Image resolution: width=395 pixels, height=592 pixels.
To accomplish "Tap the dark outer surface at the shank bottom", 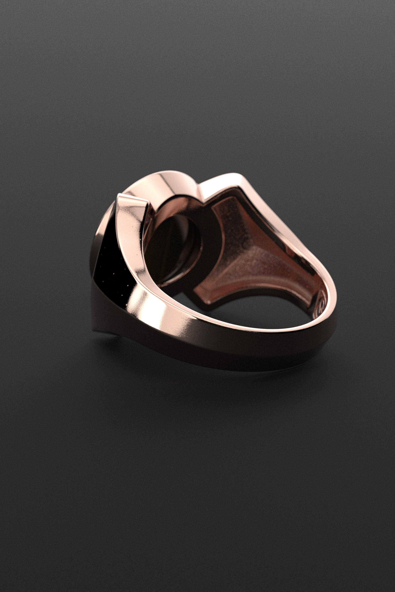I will click(x=227, y=357).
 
